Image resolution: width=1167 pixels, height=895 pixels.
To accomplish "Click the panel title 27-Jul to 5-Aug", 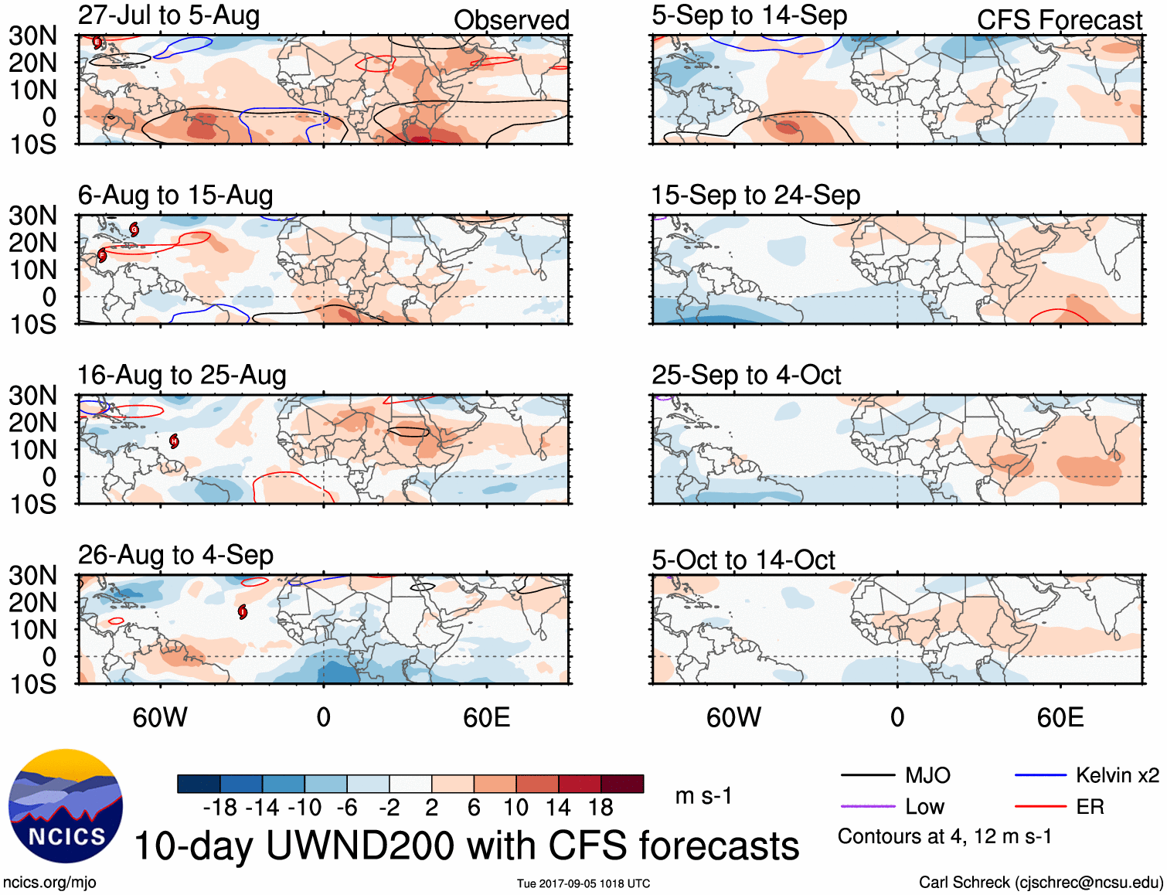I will [x=168, y=15].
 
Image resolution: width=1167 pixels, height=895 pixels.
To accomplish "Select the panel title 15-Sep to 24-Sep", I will [x=755, y=196].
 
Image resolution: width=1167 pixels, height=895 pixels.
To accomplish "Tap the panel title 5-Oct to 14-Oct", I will [x=743, y=560].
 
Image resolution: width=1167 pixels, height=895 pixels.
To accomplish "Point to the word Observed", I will [x=511, y=20].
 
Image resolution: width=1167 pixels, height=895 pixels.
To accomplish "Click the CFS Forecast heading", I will [x=1059, y=20].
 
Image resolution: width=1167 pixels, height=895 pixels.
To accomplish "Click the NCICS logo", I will [x=66, y=806].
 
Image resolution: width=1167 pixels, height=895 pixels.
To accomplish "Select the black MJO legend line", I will [x=867, y=775].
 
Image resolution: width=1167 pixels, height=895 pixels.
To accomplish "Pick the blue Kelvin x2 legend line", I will [x=1040, y=775].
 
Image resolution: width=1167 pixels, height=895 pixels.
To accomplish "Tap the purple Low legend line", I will [x=867, y=807].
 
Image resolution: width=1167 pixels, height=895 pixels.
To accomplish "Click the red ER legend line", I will [x=1040, y=807].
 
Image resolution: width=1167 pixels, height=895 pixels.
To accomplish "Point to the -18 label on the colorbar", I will [x=220, y=808].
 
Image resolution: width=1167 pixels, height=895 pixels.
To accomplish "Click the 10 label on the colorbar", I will [x=515, y=808].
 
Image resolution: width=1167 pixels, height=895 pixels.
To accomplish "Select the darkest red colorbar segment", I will [x=622, y=784].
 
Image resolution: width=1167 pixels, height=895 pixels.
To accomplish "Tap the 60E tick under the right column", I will [x=1060, y=718].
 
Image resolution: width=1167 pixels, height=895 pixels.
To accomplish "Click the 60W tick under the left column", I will [x=160, y=718].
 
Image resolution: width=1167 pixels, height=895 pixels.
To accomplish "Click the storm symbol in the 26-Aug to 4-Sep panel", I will [x=243, y=612].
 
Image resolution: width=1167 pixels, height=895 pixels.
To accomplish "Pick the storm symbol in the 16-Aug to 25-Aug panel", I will [x=175, y=441].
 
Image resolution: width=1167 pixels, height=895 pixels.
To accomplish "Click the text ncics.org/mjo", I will [x=49, y=883].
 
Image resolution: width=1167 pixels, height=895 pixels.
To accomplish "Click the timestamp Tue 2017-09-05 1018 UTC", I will [x=583, y=883].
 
